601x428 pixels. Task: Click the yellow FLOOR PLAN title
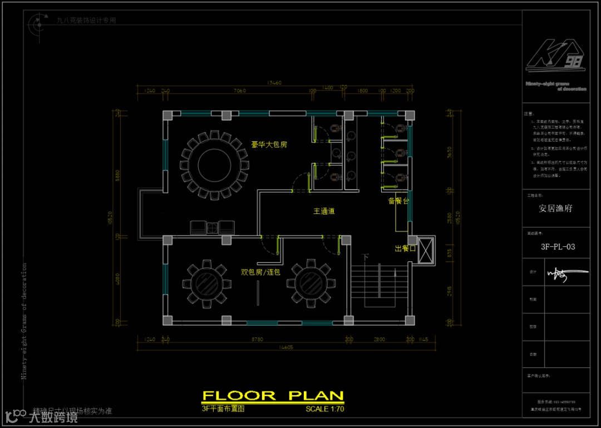(273, 396)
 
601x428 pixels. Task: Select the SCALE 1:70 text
(325, 409)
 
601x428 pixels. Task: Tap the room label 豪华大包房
(269, 145)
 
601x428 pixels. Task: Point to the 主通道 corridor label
(324, 211)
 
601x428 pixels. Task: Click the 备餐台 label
(398, 201)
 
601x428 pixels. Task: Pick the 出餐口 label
(406, 248)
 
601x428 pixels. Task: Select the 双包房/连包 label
(260, 272)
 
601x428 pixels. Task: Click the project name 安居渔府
(555, 209)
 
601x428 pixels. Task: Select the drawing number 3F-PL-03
(558, 247)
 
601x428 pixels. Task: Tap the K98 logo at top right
(555, 56)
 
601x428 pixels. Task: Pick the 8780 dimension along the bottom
(257, 339)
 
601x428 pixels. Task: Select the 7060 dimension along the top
(239, 90)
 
